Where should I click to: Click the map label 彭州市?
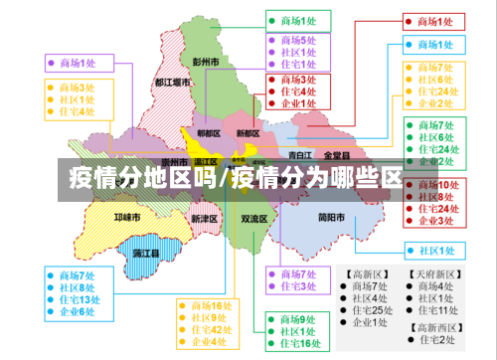pos(206,62)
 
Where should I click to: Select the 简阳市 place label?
pos(331,218)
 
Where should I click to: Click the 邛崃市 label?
pos(127,216)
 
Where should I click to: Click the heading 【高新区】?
pos(365,273)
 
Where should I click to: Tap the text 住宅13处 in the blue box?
pos(80,299)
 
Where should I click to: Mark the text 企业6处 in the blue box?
pos(77,312)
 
